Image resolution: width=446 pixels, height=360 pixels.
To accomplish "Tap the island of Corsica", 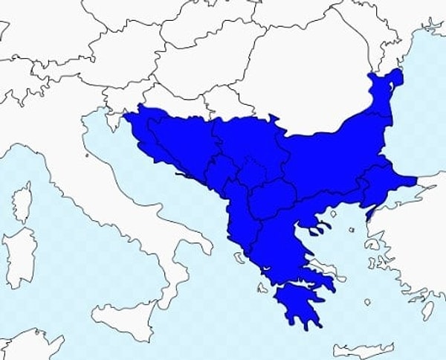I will (x=23, y=202).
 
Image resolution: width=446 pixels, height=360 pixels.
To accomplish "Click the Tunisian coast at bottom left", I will (x=30, y=346).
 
